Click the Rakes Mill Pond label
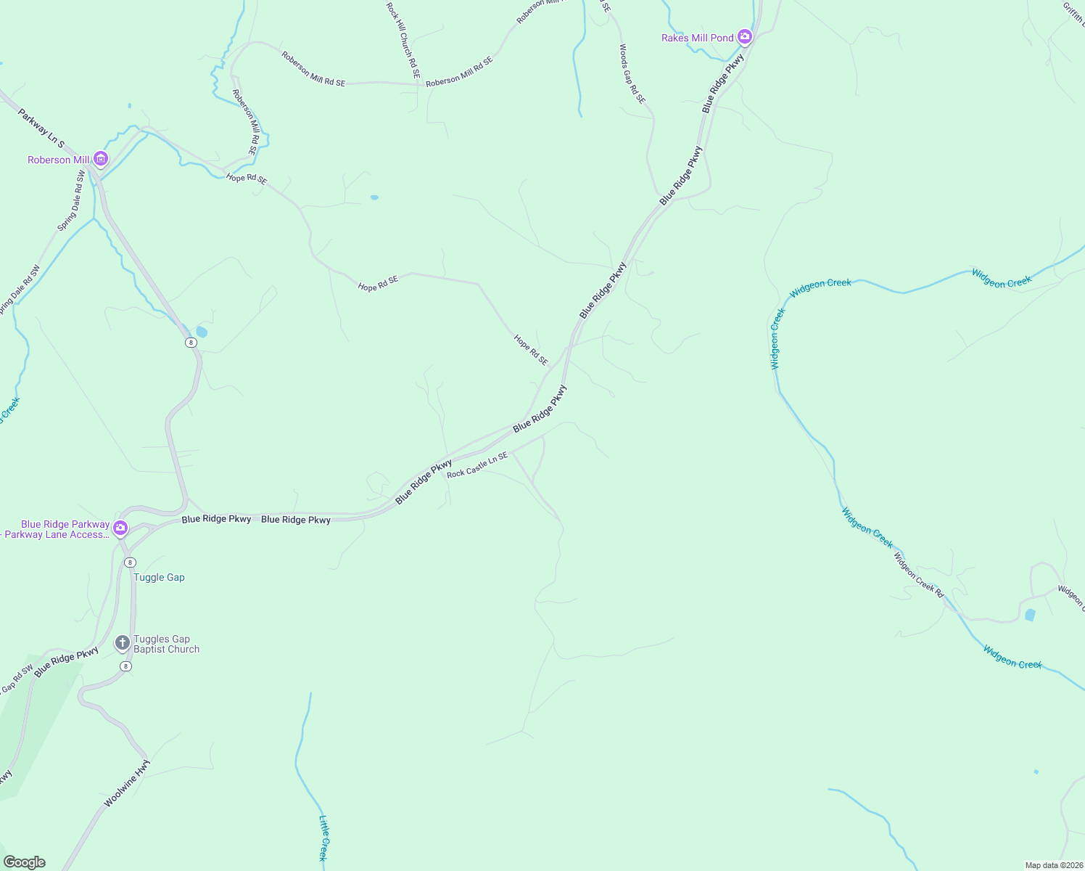click(x=697, y=38)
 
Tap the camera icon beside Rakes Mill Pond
click(x=745, y=36)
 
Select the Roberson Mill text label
click(x=59, y=160)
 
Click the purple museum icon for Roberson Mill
click(x=101, y=159)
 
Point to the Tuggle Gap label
click(x=159, y=578)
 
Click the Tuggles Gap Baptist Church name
click(x=166, y=645)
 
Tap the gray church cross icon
click(x=123, y=643)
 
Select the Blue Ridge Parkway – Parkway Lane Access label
click(x=57, y=529)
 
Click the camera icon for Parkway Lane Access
click(x=120, y=528)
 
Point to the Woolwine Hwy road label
click(x=127, y=783)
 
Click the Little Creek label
click(x=323, y=838)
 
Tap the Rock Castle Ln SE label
click(x=477, y=465)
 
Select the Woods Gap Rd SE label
click(x=631, y=73)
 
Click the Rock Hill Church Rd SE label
click(x=403, y=40)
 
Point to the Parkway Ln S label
click(x=41, y=128)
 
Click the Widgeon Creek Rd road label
click(x=918, y=575)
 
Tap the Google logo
click(x=24, y=862)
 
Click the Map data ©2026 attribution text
click(x=1053, y=865)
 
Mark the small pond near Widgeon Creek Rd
click(x=1030, y=616)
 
